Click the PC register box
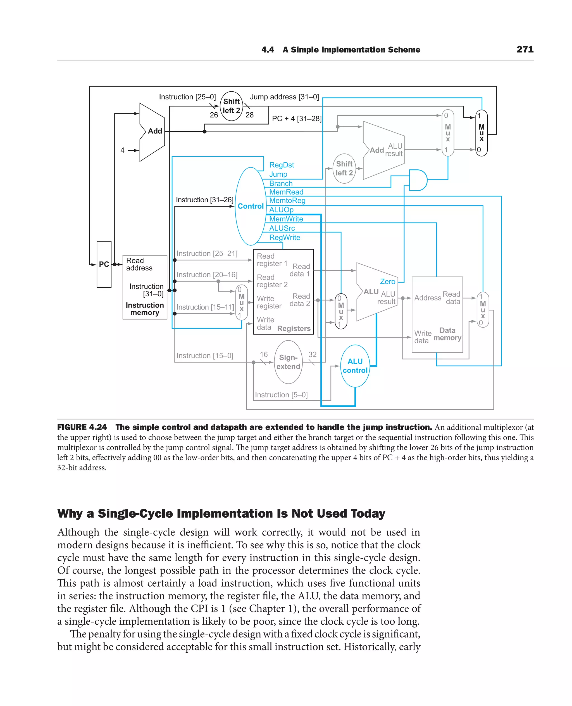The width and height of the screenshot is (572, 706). (104, 264)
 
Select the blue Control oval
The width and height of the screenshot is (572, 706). (251, 206)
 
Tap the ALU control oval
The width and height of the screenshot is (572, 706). (355, 366)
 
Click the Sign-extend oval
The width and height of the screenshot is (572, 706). (288, 362)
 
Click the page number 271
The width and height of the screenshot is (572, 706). (525, 49)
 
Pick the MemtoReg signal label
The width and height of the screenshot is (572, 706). (287, 200)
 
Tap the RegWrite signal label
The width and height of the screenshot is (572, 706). (284, 237)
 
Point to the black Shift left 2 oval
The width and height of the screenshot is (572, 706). (231, 106)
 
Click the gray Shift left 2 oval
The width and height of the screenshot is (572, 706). (344, 169)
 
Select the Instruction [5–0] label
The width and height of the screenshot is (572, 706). (281, 395)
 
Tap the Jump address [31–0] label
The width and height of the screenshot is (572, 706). (284, 97)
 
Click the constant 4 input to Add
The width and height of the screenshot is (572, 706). (123, 150)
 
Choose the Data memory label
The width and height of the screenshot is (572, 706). (447, 334)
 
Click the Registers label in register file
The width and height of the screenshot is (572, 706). (294, 328)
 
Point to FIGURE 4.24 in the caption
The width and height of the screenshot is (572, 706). (82, 427)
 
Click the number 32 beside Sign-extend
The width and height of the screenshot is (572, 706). (312, 354)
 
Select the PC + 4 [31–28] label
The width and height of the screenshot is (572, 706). (297, 119)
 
